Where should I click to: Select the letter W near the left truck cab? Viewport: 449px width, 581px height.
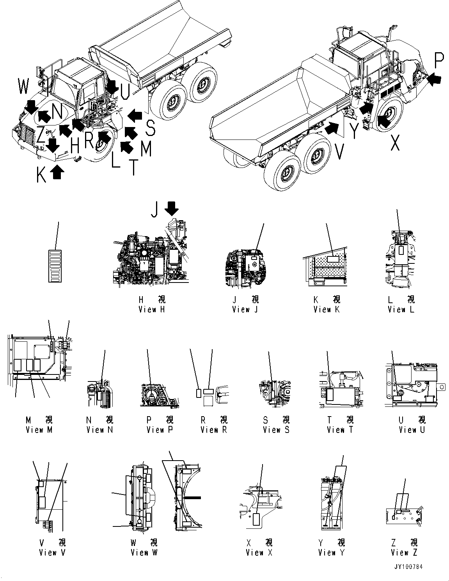click(x=23, y=86)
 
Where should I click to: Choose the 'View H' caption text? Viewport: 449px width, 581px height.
click(x=152, y=309)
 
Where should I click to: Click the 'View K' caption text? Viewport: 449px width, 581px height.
click(x=327, y=309)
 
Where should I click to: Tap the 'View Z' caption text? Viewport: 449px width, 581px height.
click(x=404, y=553)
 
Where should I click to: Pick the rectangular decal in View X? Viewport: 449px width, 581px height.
click(x=257, y=520)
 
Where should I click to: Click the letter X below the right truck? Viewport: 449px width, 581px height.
click(x=395, y=143)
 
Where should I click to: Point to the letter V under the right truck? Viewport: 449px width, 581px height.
click(x=340, y=151)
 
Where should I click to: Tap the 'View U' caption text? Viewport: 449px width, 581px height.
click(x=412, y=430)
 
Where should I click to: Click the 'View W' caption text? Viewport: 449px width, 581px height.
click(x=144, y=553)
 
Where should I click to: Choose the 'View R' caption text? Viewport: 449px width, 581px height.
click(x=213, y=430)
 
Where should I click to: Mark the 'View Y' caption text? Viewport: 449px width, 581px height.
click(x=331, y=553)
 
